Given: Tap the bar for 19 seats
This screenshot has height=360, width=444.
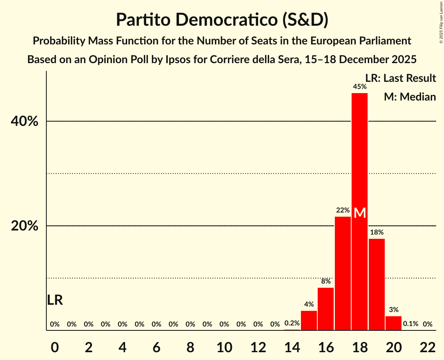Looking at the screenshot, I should coord(377,284).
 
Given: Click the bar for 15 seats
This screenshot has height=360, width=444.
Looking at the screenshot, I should coord(309,320).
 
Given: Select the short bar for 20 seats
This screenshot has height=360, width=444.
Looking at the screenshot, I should coord(393,323).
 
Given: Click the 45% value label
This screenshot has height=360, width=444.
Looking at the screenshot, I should coord(359,87).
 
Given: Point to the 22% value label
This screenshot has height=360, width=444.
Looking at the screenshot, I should coord(343,210).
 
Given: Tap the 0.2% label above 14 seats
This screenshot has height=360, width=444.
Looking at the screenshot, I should coord(292,323).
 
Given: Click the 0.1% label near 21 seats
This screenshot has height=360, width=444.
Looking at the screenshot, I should coord(410,324).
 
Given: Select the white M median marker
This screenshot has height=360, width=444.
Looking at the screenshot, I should coord(359,213).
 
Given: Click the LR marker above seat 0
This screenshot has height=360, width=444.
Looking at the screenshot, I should coord(55,300).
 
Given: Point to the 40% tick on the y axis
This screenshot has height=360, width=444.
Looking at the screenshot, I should coord(25,122).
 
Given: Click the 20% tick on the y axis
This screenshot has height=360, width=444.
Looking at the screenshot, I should coord(25,226).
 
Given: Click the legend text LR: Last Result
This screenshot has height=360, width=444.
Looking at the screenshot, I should coord(400,78).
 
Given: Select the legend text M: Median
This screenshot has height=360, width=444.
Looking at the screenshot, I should coord(410,97).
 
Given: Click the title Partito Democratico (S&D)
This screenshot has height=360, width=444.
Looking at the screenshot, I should coord(222,20).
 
